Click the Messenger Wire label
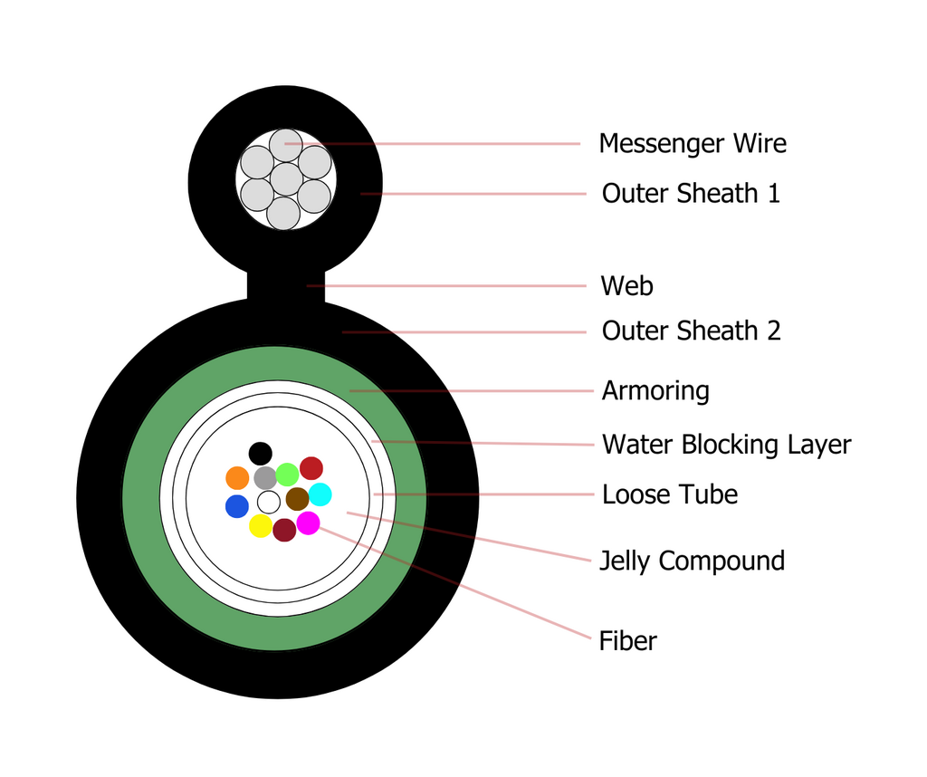pos(693,144)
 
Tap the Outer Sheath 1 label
pos(691,194)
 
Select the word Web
pos(626,286)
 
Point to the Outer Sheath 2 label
pos(691,331)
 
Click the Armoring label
pos(655,391)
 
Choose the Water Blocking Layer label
pos(727,445)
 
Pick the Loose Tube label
pos(670,494)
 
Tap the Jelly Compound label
pos(693,561)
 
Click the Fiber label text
pos(628,641)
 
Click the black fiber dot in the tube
pos(260,454)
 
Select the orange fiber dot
pos(237,478)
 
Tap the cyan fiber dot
pos(320,494)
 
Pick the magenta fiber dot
pos(308,523)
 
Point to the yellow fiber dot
pos(260,525)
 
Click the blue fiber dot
pos(237,506)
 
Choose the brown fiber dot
pos(297,499)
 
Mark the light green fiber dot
pos(287,475)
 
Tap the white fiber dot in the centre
pos(268,502)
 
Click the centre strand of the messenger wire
pos(286,178)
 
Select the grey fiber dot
pos(265,478)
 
